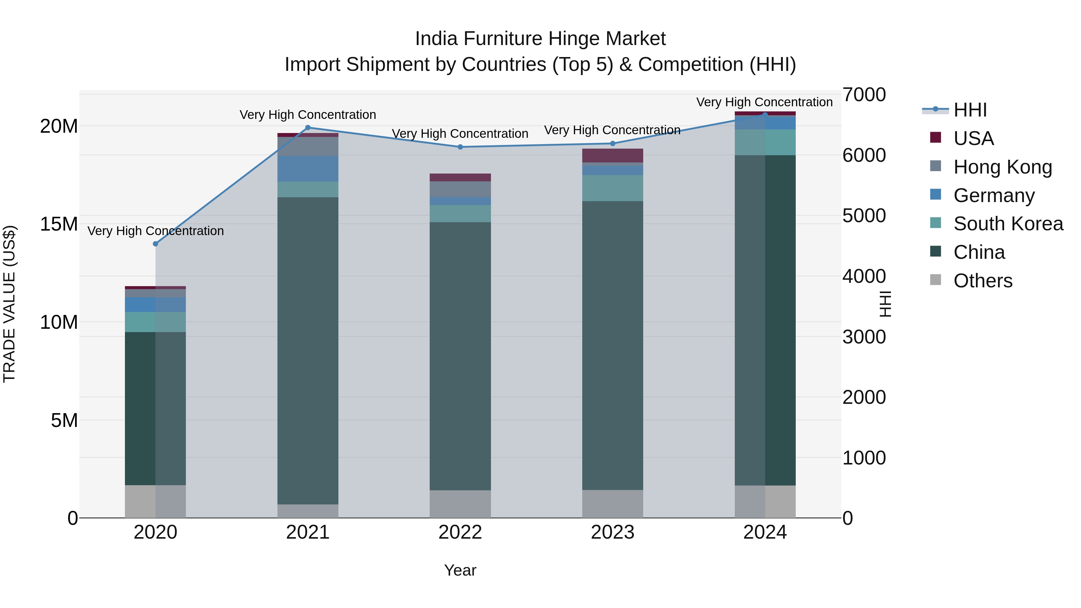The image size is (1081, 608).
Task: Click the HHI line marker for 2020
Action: (155, 244)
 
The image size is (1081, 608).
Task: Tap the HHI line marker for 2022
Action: (460, 147)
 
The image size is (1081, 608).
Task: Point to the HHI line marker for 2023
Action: (612, 144)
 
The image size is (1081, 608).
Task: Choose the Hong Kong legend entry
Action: (1002, 167)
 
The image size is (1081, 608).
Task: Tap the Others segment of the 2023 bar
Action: (612, 504)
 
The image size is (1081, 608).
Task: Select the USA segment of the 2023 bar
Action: (612, 155)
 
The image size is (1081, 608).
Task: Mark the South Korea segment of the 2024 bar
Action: (765, 142)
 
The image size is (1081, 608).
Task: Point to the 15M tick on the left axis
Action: (59, 224)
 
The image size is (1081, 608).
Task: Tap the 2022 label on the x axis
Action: (460, 532)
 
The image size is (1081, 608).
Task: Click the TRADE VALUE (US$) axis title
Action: (9, 304)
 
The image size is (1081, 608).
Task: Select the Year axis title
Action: (460, 570)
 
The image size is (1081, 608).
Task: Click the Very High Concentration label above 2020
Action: (155, 231)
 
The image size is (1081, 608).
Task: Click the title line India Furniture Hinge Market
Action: (540, 39)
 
